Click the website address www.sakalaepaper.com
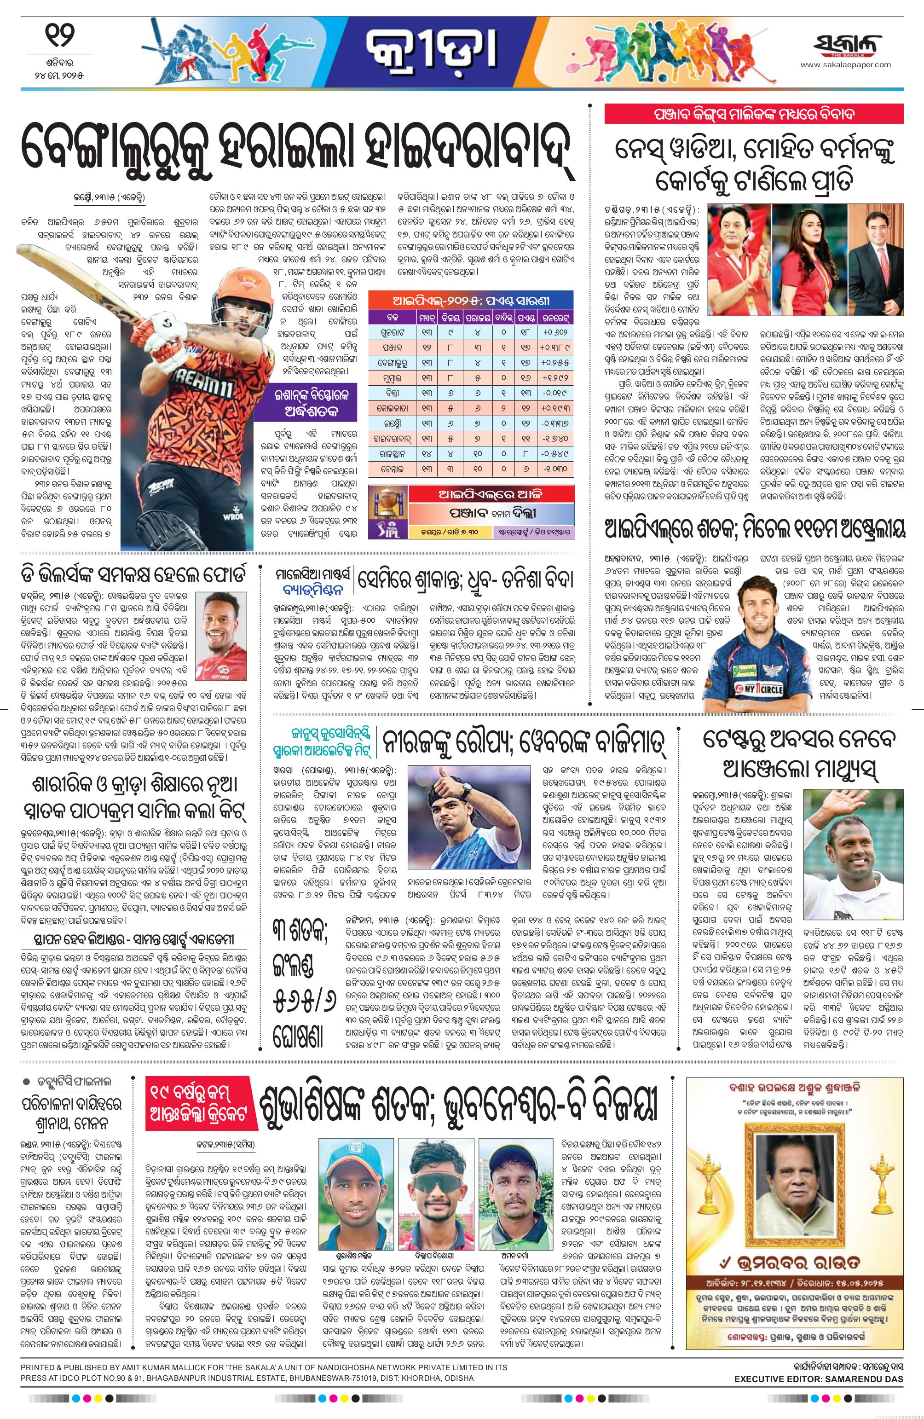coord(846,65)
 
